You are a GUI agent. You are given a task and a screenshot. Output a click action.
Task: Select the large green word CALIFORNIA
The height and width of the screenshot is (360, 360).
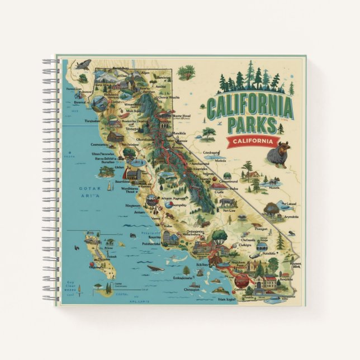coord(249,106)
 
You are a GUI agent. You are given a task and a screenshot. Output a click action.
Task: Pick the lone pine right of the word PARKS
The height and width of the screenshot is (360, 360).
coord(281,128)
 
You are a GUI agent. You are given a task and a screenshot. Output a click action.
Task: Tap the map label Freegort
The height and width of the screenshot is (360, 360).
coord(262,228)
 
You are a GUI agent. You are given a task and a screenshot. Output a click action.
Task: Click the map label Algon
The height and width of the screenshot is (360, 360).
coord(145,73)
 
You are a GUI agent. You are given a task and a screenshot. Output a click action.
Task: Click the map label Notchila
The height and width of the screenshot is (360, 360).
coord(269,253)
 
